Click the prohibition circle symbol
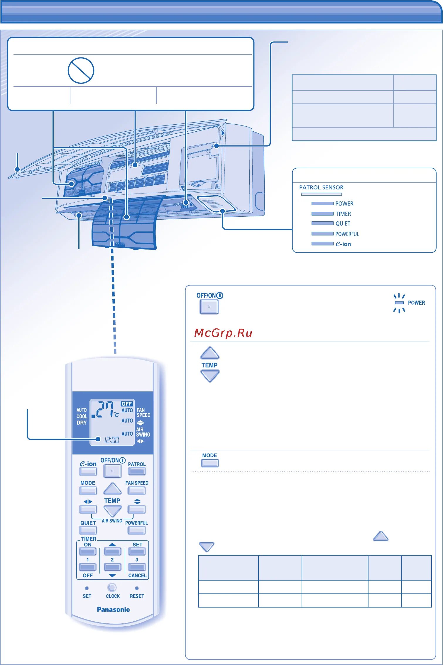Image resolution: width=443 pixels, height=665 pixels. click(81, 70)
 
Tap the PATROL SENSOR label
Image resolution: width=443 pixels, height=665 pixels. click(321, 188)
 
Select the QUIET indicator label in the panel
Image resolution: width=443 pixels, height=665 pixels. click(343, 224)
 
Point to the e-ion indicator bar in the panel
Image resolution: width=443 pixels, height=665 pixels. click(322, 244)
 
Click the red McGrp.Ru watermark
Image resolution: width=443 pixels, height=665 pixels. click(223, 333)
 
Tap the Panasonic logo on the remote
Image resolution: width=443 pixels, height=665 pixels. click(113, 610)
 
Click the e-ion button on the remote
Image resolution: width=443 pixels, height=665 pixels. click(88, 471)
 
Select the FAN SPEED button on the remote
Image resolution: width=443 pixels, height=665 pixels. click(137, 490)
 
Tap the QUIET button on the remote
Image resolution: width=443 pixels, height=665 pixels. click(88, 530)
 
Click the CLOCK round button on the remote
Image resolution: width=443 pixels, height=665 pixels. click(112, 587)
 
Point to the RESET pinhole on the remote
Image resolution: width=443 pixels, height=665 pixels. click(137, 588)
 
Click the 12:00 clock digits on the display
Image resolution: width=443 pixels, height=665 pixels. click(112, 440)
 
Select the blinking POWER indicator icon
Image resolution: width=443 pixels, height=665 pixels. click(399, 303)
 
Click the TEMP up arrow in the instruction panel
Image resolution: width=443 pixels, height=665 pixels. click(209, 353)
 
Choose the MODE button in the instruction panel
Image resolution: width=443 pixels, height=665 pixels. click(210, 463)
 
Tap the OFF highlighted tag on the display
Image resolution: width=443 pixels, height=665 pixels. click(127, 404)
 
